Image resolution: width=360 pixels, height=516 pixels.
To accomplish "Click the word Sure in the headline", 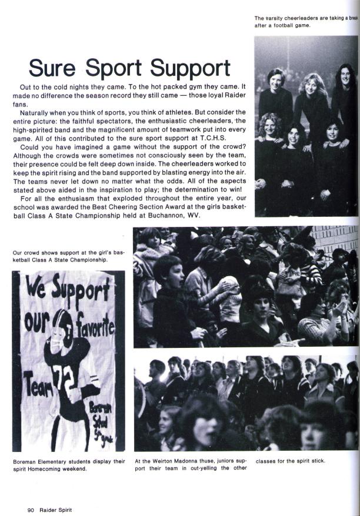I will click(54, 68).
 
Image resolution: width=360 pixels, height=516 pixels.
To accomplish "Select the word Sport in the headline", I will click(115, 69).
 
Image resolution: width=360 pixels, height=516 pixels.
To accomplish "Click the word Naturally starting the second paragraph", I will click(36, 111).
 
